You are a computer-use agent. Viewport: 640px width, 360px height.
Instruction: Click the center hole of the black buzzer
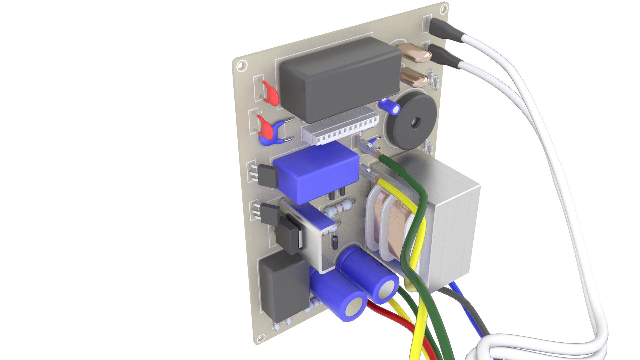coord(415,123)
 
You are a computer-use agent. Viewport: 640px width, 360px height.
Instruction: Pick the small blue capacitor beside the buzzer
coord(390,106)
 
